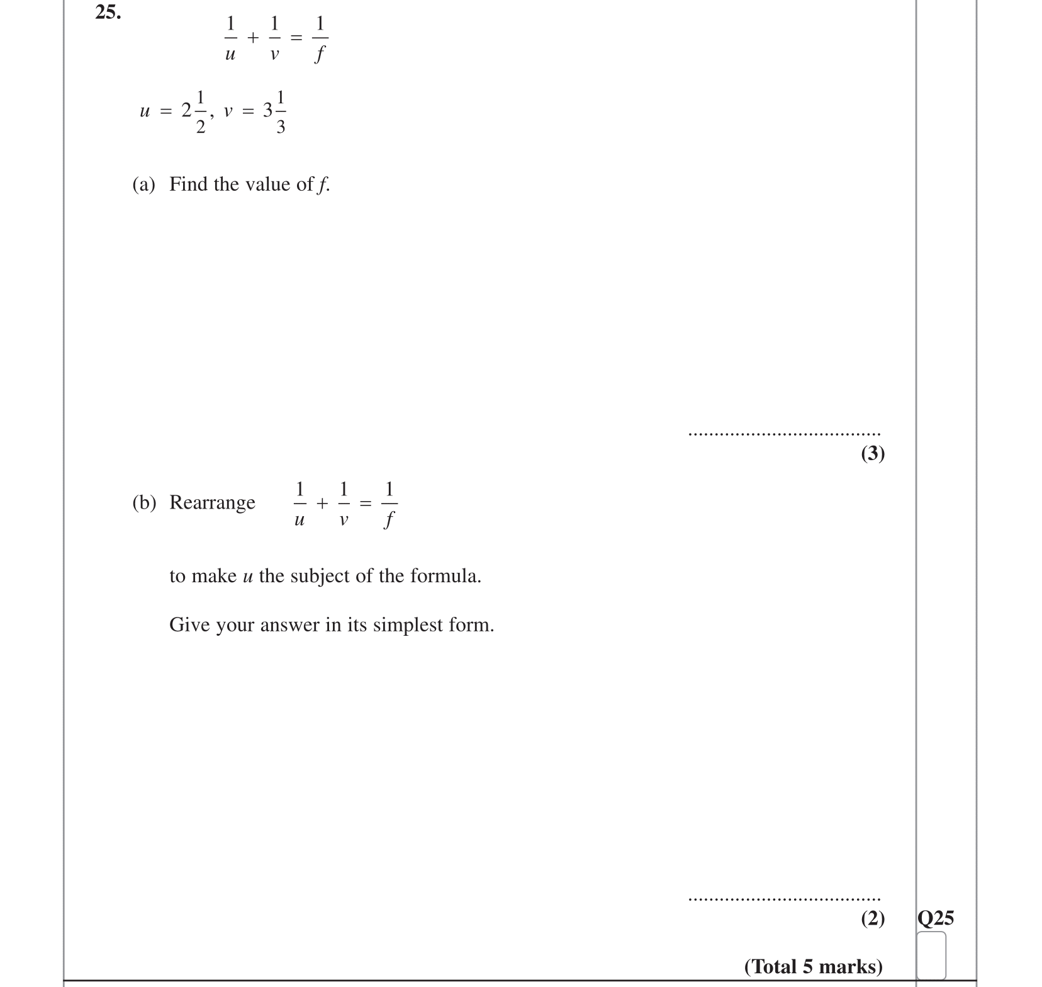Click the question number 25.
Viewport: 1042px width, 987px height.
pyautogui.click(x=108, y=13)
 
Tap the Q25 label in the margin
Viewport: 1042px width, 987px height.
pyautogui.click(x=935, y=918)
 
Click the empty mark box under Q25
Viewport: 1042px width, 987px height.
pyautogui.click(x=931, y=955)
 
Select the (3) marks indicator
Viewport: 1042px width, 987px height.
pyautogui.click(x=873, y=453)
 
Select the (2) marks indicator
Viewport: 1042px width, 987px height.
pyautogui.click(x=873, y=919)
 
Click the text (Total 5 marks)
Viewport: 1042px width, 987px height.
pyautogui.click(x=813, y=966)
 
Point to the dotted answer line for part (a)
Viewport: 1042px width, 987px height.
pyautogui.click(x=784, y=434)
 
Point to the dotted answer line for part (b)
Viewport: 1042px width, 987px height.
pyautogui.click(x=784, y=899)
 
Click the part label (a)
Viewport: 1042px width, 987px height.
pyautogui.click(x=143, y=184)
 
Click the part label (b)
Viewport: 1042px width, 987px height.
pyautogui.click(x=143, y=502)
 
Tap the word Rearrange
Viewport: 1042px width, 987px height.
pyautogui.click(x=212, y=502)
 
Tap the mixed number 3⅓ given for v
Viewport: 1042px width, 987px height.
pyautogui.click(x=274, y=111)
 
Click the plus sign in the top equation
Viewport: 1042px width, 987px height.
pyautogui.click(x=252, y=38)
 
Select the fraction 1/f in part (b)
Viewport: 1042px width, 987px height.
pyautogui.click(x=389, y=504)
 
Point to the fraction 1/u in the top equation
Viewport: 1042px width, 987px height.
pyautogui.click(x=230, y=38)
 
